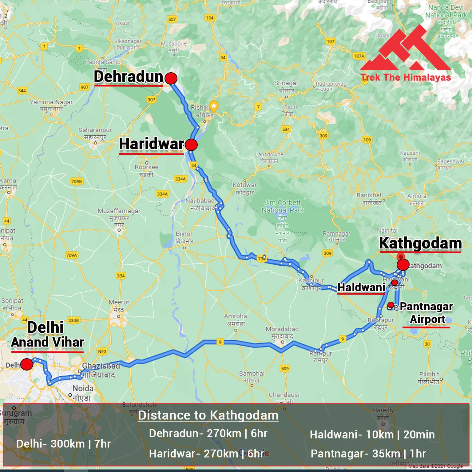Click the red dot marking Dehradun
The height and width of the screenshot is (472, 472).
[x=171, y=78]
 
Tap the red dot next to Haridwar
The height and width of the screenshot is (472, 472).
[x=191, y=145]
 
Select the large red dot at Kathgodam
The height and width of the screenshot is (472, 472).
[x=403, y=264]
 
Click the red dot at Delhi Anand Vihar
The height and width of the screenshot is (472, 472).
[x=27, y=364]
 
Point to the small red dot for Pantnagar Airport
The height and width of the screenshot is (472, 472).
[x=391, y=305]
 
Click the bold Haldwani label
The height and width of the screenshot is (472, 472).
[x=361, y=287]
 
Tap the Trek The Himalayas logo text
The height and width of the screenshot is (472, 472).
[x=406, y=77]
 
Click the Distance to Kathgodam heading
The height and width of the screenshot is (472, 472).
[x=208, y=415]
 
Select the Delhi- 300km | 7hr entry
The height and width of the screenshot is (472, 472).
[x=63, y=444]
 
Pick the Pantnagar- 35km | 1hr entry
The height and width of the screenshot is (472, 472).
[x=368, y=454]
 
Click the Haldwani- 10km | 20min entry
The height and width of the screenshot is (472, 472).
[x=372, y=434]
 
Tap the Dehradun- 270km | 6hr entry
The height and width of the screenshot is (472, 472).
[x=208, y=433]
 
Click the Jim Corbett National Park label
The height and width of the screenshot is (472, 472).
[x=283, y=206]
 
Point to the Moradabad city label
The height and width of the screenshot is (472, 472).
[x=282, y=329]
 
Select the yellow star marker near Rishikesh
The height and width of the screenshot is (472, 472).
[x=214, y=106]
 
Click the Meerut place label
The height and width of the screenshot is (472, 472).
[x=119, y=302]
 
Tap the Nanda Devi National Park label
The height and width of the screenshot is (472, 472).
[x=446, y=11]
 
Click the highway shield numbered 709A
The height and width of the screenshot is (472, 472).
[x=72, y=255]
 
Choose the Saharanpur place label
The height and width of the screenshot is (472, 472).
[x=95, y=130]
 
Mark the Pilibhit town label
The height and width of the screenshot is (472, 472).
[x=429, y=374]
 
